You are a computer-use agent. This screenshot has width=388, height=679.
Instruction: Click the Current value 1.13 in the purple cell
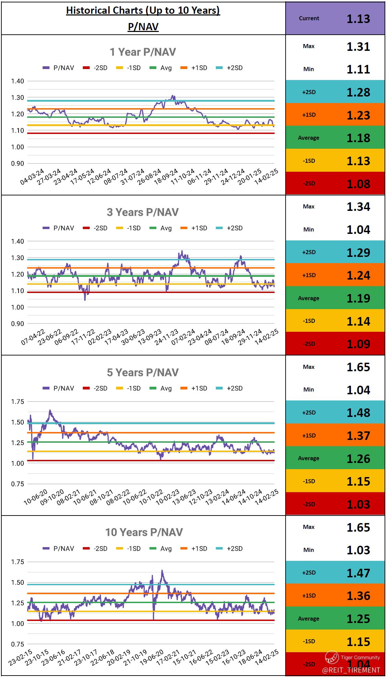point(358,19)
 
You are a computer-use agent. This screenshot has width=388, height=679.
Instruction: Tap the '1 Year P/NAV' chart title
point(143,52)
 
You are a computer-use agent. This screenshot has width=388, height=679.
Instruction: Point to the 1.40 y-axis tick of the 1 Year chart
point(18,81)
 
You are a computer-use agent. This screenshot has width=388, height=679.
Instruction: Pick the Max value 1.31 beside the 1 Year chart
point(358,46)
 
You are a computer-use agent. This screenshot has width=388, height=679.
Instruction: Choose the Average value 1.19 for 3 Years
point(358,298)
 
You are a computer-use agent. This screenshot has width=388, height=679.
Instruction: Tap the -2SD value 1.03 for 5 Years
point(358,504)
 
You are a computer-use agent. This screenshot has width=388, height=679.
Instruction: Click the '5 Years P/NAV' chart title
point(143,372)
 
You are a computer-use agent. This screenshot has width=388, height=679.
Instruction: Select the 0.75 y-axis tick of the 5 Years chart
point(18,484)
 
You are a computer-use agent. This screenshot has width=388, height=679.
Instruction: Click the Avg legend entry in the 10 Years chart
point(161,548)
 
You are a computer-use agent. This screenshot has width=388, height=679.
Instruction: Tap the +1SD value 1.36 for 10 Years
point(358,596)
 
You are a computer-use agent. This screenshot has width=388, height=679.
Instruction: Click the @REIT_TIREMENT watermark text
point(351,670)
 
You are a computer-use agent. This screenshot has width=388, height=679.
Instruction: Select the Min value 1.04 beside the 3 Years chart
point(358,229)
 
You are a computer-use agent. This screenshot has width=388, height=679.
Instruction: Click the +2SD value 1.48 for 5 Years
point(358,412)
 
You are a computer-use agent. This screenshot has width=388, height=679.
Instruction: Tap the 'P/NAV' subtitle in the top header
point(143,26)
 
